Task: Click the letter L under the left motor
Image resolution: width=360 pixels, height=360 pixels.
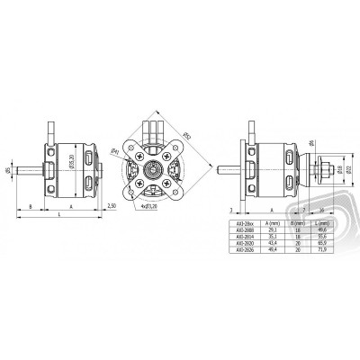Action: click(58, 217)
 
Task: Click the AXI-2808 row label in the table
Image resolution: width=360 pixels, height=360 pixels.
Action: click(238, 229)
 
